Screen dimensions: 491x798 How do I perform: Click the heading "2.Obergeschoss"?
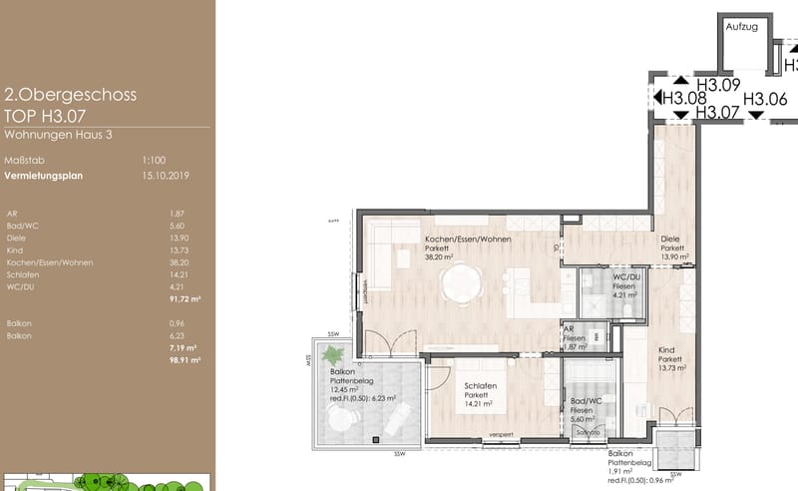(x=70, y=96)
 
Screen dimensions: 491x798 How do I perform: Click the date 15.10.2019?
(x=166, y=176)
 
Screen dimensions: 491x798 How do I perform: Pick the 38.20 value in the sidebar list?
(x=180, y=262)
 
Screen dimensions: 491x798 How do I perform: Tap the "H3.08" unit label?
(x=684, y=98)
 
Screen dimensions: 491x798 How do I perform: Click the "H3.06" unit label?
(x=765, y=98)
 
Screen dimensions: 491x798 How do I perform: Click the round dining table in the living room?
(x=461, y=283)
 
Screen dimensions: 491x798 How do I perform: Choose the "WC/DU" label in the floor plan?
(x=625, y=275)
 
